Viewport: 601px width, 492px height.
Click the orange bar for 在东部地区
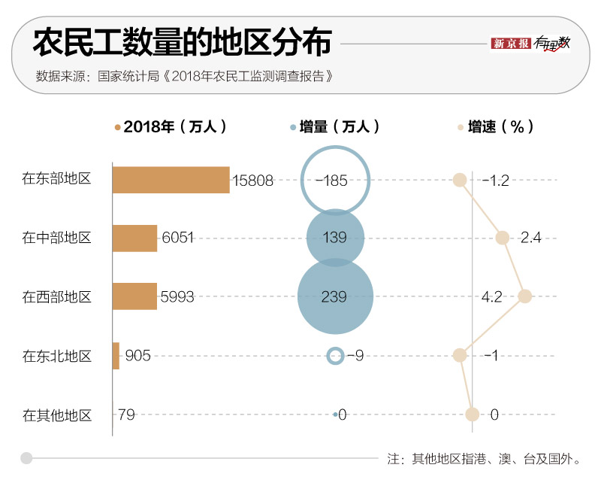pos(171,180)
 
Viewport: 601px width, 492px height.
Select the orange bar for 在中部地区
pos(134,238)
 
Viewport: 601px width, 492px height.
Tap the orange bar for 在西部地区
pos(134,296)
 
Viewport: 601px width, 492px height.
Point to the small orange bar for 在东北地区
pos(116,355)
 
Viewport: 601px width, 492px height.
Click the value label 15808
pos(253,181)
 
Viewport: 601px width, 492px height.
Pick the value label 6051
pos(178,238)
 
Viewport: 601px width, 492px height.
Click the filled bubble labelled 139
pos(335,238)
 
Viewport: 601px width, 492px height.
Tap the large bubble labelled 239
pos(335,296)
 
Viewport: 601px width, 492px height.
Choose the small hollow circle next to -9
pos(335,355)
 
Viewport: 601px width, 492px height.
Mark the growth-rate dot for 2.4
pos(503,238)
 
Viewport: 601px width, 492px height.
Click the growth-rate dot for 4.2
pos(525,296)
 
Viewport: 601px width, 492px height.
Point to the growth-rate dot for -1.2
pos(460,180)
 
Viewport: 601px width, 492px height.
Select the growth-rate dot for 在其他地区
pos(472,414)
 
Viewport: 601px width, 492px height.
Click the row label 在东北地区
pos(56,356)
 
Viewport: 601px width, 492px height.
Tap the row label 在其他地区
pos(56,415)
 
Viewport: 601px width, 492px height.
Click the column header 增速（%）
pos(500,127)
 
